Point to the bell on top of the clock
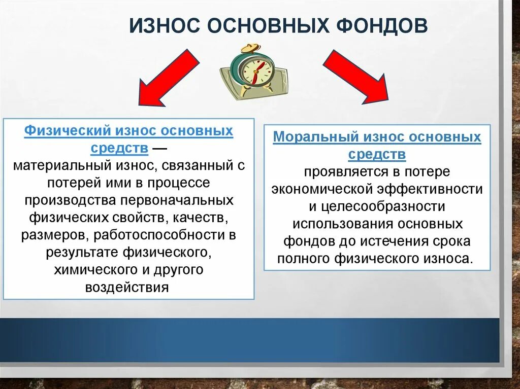(x=249, y=49)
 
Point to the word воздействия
(x=126, y=288)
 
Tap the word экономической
(x=324, y=189)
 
